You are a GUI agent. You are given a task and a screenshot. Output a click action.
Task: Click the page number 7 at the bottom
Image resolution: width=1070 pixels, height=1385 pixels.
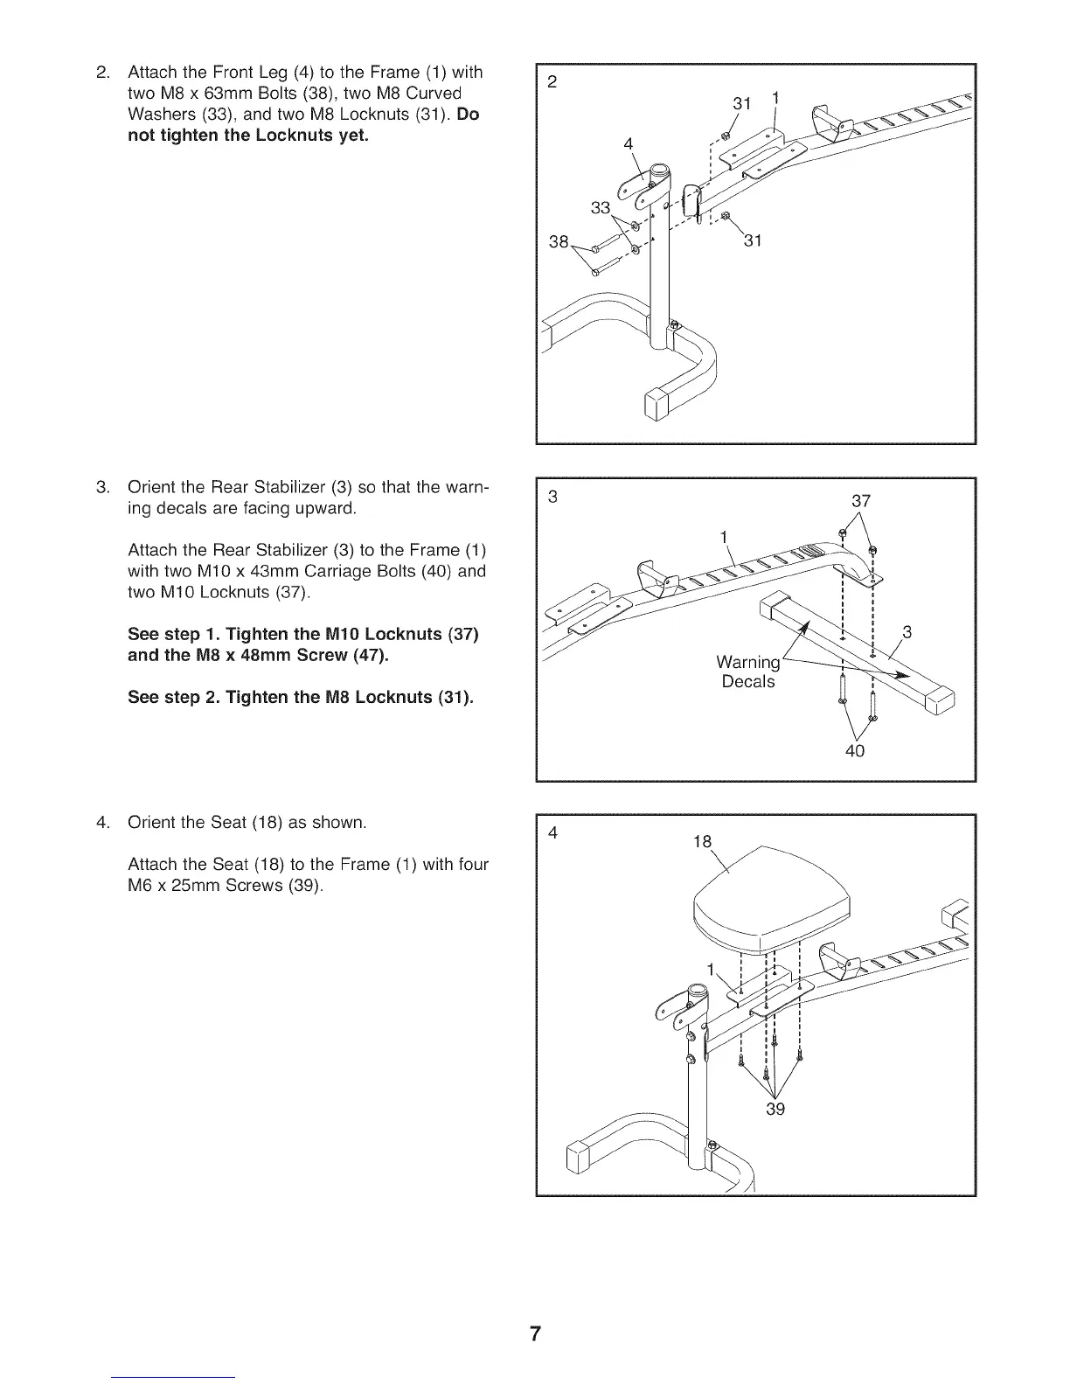(x=535, y=1333)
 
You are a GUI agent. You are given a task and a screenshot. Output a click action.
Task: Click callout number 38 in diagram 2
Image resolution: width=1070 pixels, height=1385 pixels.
(x=559, y=240)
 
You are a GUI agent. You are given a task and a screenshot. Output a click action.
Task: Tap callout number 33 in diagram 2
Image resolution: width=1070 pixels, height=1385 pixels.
(x=601, y=208)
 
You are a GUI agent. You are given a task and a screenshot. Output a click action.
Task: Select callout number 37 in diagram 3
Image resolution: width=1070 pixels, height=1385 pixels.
(x=861, y=501)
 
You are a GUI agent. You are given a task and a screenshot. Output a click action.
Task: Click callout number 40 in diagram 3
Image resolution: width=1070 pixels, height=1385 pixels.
(x=855, y=750)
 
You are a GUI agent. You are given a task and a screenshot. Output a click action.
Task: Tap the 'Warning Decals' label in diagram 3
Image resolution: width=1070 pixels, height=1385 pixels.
(x=748, y=672)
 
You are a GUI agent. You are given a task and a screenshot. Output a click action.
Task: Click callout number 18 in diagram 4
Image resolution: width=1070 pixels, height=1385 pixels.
(x=702, y=841)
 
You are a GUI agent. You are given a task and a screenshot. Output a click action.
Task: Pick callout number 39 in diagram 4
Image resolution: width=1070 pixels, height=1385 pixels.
(x=775, y=1110)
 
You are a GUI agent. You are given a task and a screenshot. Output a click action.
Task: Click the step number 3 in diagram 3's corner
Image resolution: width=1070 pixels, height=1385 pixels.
(x=552, y=497)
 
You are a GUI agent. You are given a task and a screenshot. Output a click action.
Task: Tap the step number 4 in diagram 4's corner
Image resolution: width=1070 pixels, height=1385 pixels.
(x=552, y=832)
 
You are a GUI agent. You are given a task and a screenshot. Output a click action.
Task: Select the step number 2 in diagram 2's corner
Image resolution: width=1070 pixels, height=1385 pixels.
(x=552, y=82)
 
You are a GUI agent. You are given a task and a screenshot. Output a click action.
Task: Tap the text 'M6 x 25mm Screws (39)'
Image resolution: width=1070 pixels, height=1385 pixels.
(x=226, y=885)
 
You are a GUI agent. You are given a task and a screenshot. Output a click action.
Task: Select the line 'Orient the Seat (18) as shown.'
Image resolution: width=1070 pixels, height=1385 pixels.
(x=247, y=823)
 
